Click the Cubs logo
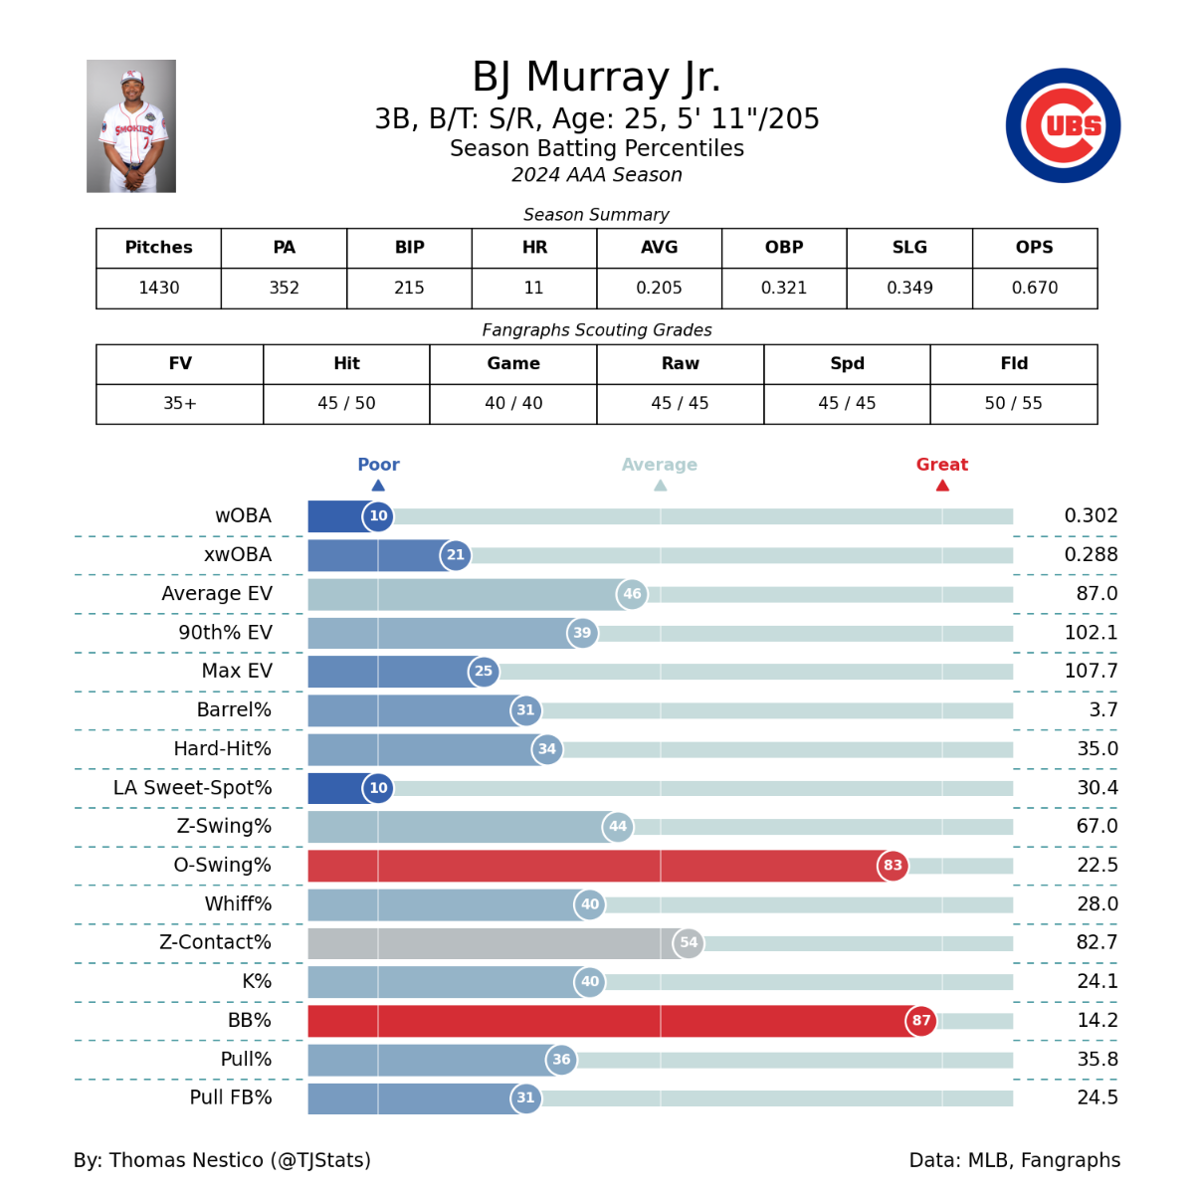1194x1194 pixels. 1063,125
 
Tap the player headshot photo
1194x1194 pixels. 131,126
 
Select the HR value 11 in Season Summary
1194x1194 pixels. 534,288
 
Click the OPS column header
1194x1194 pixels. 1034,248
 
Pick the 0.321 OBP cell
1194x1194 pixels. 784,288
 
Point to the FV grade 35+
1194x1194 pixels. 180,403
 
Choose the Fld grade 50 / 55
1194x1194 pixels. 1014,403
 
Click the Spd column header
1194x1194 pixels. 847,364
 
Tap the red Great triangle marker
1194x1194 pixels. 942,486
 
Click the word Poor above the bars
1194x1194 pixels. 378,465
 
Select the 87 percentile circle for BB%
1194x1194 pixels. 921,1020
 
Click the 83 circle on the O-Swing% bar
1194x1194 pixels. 893,865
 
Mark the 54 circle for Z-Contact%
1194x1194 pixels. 689,942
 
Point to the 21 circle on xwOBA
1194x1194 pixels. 456,554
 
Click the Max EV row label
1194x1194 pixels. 237,671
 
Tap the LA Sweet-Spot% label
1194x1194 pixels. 192,787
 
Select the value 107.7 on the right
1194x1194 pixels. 1091,671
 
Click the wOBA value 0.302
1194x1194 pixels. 1091,515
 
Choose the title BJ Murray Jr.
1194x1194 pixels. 596,78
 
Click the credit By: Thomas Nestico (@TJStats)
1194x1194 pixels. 222,1160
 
